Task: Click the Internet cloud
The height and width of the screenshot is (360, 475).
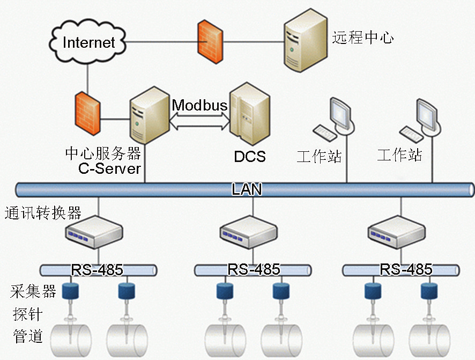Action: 89,42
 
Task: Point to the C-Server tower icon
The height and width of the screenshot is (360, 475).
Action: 146,114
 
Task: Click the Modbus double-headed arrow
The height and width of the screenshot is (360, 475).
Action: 199,122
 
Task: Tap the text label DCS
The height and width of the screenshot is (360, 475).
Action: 250,156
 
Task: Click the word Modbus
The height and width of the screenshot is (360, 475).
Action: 199,105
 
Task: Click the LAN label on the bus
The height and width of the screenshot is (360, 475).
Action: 247,189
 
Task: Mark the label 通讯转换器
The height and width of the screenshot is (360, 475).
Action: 43,213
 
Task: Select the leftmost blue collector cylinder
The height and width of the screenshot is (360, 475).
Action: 70,291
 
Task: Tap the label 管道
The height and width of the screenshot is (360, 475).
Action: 27,336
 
